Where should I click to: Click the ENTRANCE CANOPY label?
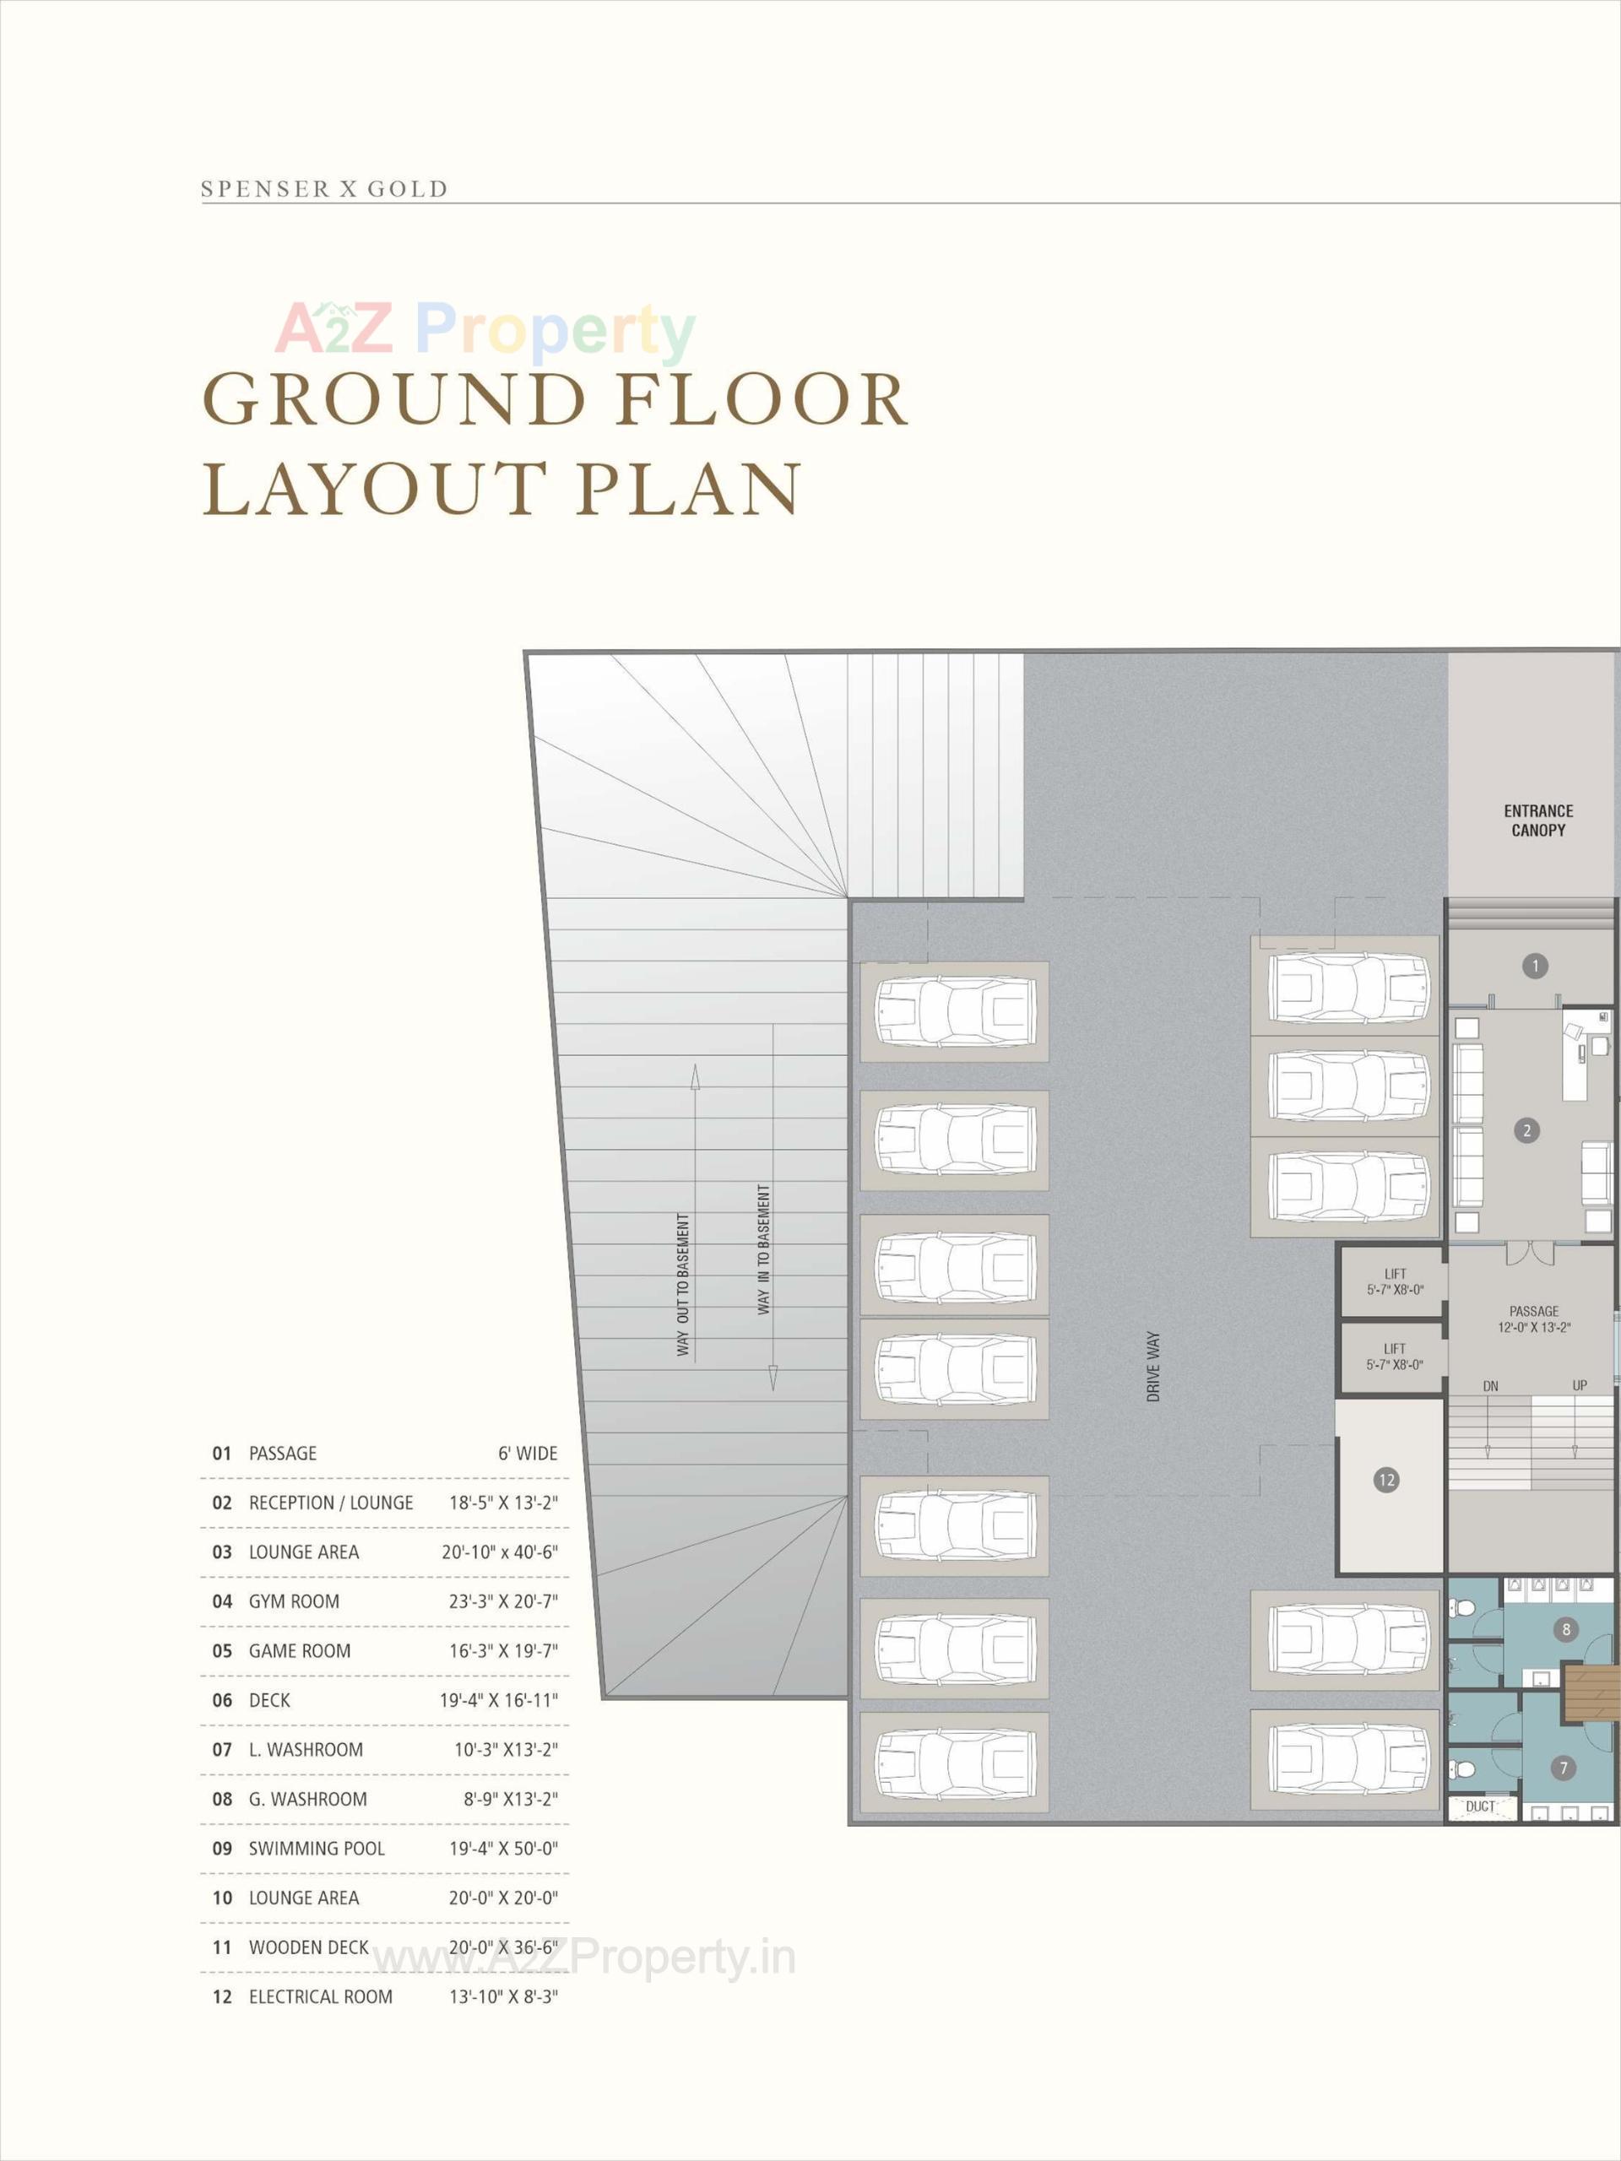[1538, 821]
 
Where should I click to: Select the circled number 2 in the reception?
[1526, 1130]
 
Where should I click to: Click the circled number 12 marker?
[1385, 1480]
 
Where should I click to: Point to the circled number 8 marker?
[1566, 1628]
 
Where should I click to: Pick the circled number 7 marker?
[1564, 1768]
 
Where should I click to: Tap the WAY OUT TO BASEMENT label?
[683, 1285]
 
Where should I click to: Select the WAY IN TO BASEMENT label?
[763, 1249]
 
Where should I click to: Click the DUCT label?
[1479, 1806]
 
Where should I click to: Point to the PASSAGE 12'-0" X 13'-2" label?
[1533, 1319]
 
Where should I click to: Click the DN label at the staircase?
[1490, 1385]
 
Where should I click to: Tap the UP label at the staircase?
[1579, 1385]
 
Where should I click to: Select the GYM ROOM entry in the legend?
[294, 1601]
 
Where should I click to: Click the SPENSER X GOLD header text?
[323, 188]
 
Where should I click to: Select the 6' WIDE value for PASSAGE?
[528, 1454]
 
